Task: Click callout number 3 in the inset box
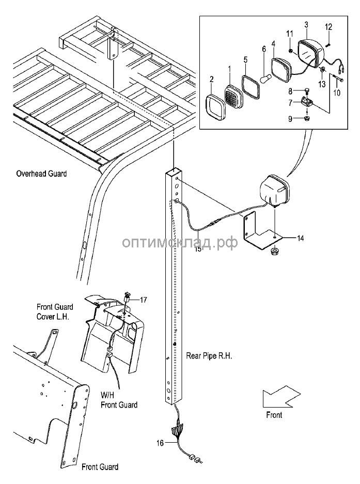(306, 24)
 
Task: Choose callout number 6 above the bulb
(263, 49)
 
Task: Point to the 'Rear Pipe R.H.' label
(209, 356)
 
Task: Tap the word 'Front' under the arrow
(274, 414)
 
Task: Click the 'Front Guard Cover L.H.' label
(54, 311)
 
